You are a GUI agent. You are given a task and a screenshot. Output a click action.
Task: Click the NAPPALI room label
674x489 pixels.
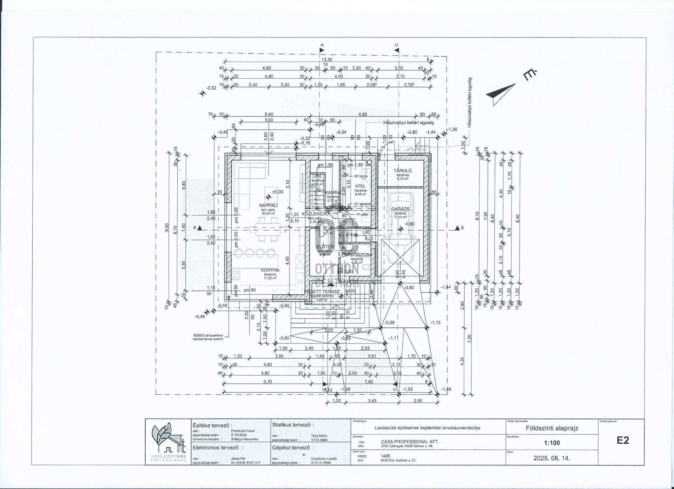(269, 205)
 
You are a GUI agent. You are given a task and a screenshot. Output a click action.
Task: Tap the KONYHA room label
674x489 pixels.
(270, 270)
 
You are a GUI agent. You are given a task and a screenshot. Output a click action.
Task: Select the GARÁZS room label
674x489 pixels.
(401, 209)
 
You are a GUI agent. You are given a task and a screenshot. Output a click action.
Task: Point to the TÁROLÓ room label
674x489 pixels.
(403, 171)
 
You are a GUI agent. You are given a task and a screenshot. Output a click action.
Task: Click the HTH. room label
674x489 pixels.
(360, 186)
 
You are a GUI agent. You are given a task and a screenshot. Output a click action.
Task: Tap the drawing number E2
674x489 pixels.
(623, 441)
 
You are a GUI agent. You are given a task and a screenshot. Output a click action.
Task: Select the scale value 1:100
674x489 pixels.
(552, 443)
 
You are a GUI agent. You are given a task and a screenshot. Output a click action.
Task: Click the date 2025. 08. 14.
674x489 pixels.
(552, 458)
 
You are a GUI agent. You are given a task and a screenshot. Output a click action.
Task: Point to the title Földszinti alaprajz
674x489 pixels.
(552, 428)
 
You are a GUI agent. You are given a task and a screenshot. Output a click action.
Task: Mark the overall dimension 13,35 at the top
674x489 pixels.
(327, 60)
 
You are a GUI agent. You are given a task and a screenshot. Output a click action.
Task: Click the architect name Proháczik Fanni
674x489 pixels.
(243, 431)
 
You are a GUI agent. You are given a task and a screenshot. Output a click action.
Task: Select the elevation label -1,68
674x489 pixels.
(446, 389)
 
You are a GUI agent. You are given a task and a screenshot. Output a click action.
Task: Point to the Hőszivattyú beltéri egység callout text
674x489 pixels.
(408, 123)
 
